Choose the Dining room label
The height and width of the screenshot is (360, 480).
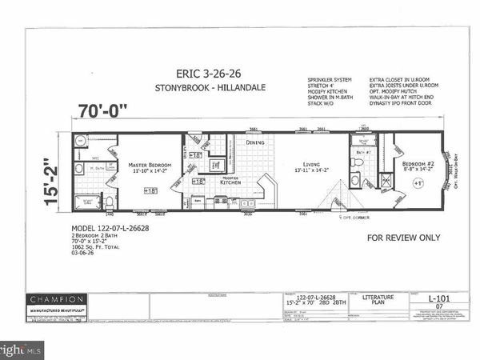click(x=255, y=143)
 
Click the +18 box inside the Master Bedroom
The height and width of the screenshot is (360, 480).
click(x=150, y=190)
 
